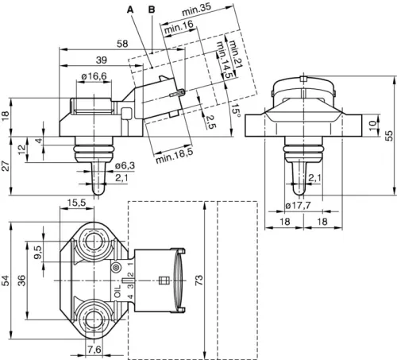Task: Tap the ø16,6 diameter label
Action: (x=94, y=76)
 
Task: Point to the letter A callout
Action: (x=129, y=9)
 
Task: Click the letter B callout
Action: (x=152, y=9)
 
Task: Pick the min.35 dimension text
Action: (x=195, y=10)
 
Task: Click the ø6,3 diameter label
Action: (x=124, y=165)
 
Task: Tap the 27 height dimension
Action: (x=7, y=165)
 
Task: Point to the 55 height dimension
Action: (x=389, y=136)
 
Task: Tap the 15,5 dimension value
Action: (x=77, y=203)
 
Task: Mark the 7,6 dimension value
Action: (x=93, y=349)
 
